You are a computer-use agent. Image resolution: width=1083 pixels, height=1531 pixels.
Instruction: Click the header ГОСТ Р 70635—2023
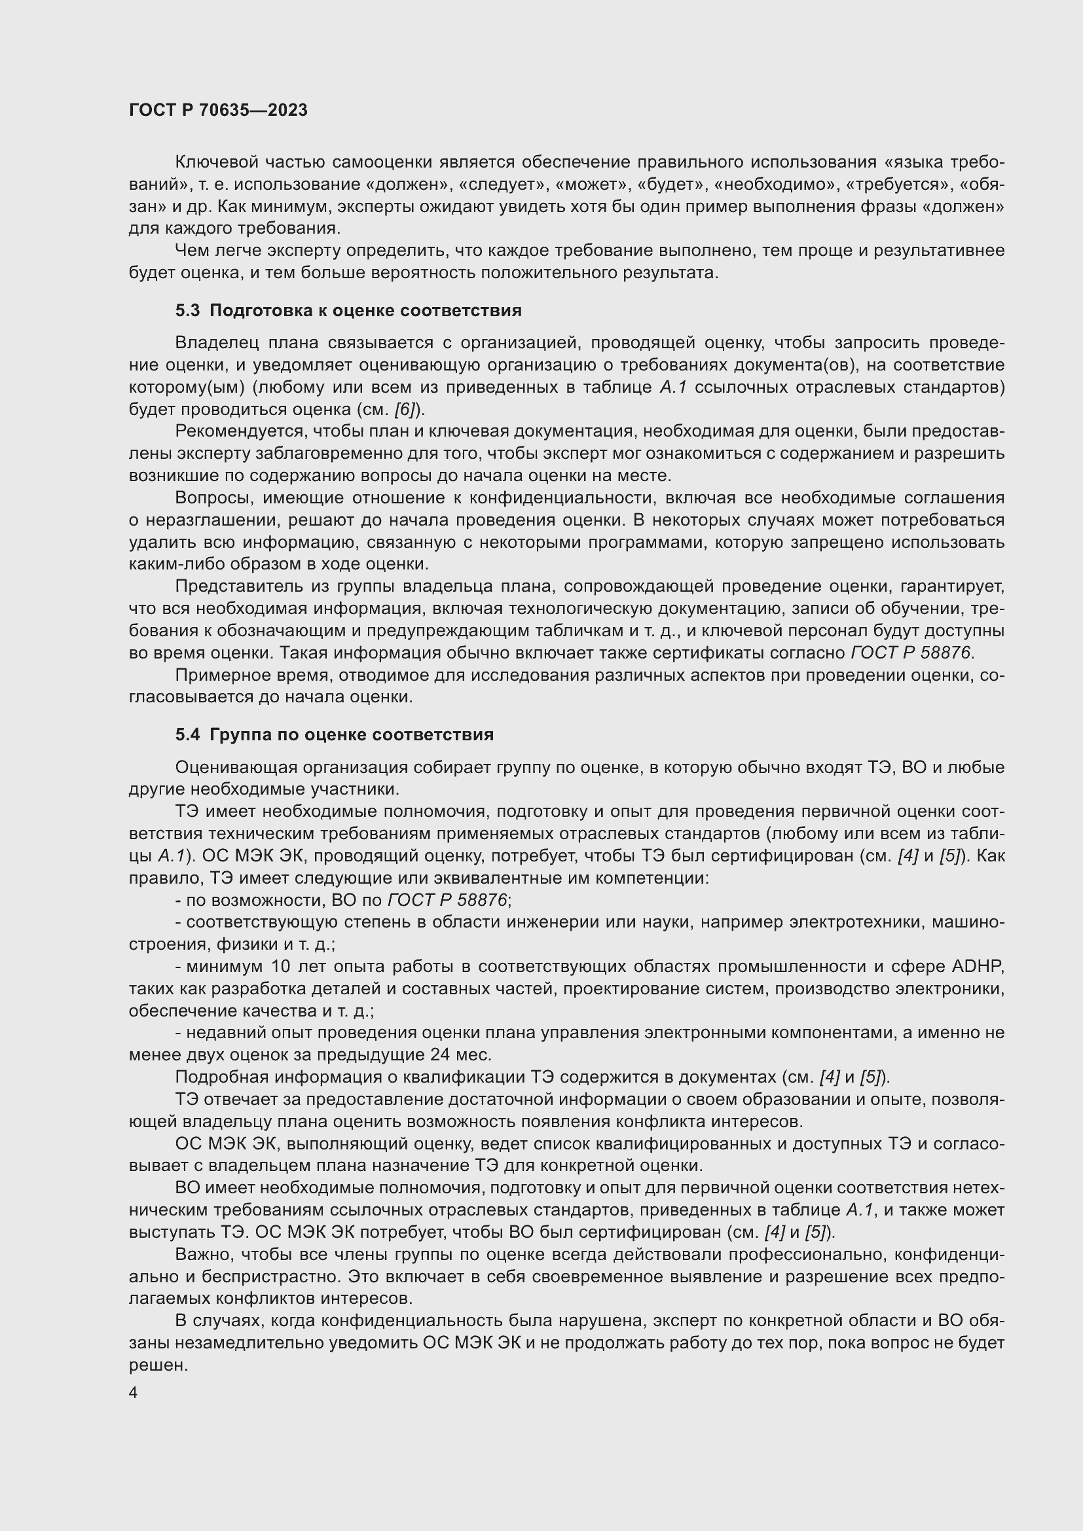(218, 110)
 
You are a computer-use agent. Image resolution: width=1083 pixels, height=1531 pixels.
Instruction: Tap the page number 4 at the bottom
(134, 1392)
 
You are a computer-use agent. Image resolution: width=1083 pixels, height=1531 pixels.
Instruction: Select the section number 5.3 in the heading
(187, 311)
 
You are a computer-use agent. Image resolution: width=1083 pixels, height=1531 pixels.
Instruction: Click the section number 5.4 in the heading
(187, 735)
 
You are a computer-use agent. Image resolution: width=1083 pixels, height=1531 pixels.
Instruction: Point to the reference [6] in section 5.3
(405, 409)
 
